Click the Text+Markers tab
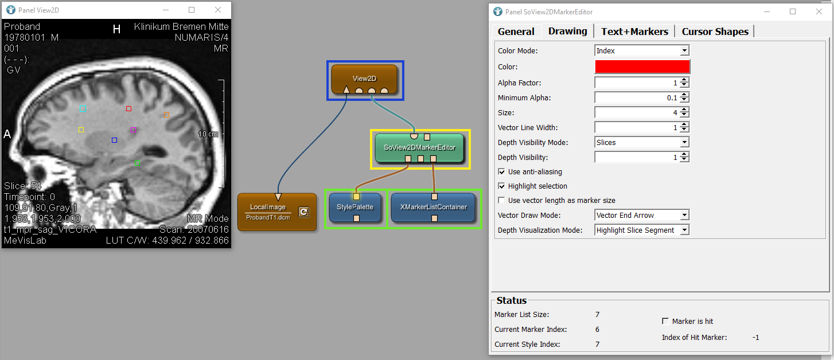(634, 32)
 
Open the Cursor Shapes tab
(715, 32)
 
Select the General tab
(516, 32)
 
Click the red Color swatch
(642, 66)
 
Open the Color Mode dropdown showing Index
(642, 50)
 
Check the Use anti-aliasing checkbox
(501, 171)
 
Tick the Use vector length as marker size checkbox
(501, 200)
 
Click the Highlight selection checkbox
(501, 186)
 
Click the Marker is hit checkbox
(665, 321)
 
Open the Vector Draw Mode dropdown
(642, 215)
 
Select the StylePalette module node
(355, 208)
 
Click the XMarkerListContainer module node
(434, 208)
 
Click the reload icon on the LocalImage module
(304, 212)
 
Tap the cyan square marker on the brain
(83, 109)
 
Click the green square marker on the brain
(138, 163)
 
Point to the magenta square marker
(133, 130)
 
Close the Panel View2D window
(218, 10)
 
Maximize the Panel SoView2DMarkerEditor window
(793, 12)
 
